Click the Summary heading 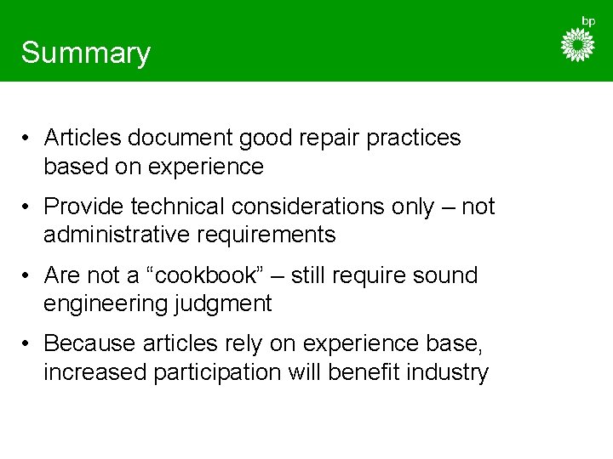(x=86, y=53)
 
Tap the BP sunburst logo (x=578, y=45)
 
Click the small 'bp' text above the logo (x=587, y=20)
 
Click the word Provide (x=83, y=207)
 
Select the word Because (x=89, y=345)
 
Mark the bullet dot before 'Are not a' (x=28, y=276)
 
